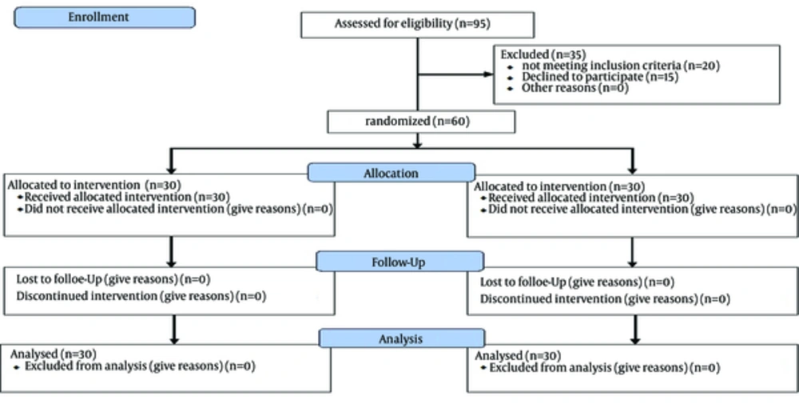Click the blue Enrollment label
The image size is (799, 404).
point(105,18)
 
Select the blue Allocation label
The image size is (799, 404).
point(392,173)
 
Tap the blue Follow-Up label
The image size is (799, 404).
point(399,262)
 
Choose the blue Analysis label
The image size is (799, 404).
point(402,338)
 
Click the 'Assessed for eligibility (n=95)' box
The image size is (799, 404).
point(417,25)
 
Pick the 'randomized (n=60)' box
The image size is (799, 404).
point(421,122)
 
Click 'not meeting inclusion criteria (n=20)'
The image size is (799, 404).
point(621,66)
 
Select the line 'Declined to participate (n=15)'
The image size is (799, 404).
point(600,77)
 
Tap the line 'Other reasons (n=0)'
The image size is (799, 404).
point(574,88)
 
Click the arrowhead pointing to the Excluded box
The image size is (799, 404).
point(488,74)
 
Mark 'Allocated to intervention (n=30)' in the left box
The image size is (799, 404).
point(94,185)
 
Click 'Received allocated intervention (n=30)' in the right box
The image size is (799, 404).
point(591,198)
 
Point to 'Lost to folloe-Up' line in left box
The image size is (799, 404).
point(113,279)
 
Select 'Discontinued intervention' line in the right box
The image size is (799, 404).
point(605,299)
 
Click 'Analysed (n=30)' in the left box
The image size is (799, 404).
point(53,354)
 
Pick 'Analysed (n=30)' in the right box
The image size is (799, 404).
point(518,355)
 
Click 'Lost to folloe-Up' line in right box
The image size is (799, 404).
point(577,282)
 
